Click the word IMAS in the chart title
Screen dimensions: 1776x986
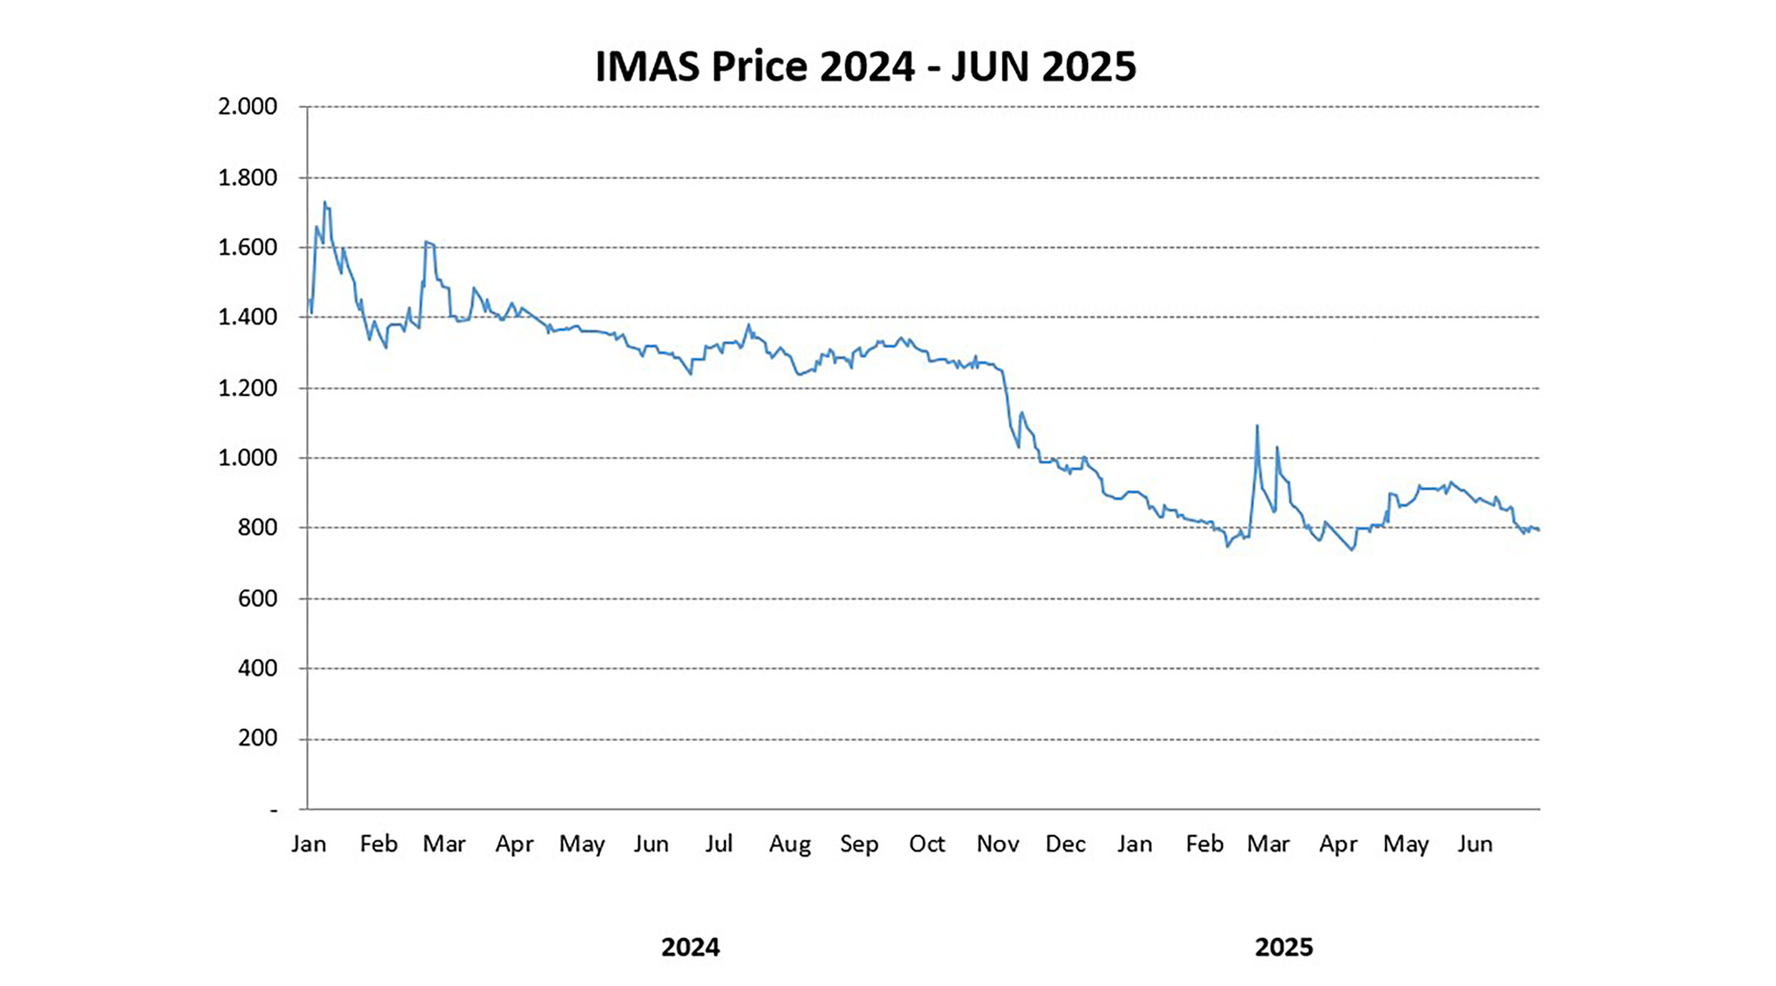(x=647, y=66)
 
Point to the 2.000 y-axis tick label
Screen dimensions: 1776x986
(x=247, y=107)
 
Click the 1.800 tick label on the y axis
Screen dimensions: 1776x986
(x=247, y=178)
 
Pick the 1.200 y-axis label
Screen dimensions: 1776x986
(x=247, y=388)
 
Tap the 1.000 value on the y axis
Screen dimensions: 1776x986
(x=247, y=458)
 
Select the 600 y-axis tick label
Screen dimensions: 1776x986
(x=258, y=598)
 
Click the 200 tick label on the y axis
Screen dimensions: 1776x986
(x=258, y=738)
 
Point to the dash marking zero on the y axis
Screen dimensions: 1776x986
(x=274, y=809)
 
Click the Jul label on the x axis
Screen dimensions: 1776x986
(x=718, y=844)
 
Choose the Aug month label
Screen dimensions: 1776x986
(x=790, y=845)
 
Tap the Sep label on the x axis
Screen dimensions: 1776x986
(x=859, y=845)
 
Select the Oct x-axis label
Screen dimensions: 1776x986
(x=927, y=844)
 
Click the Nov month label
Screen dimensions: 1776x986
(x=998, y=844)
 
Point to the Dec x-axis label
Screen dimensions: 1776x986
(x=1066, y=844)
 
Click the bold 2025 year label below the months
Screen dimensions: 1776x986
(x=1284, y=947)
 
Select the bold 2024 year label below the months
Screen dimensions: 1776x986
(x=690, y=947)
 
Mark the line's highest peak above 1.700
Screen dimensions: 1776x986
(x=325, y=202)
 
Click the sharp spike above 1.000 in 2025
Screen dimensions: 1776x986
(x=1257, y=426)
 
